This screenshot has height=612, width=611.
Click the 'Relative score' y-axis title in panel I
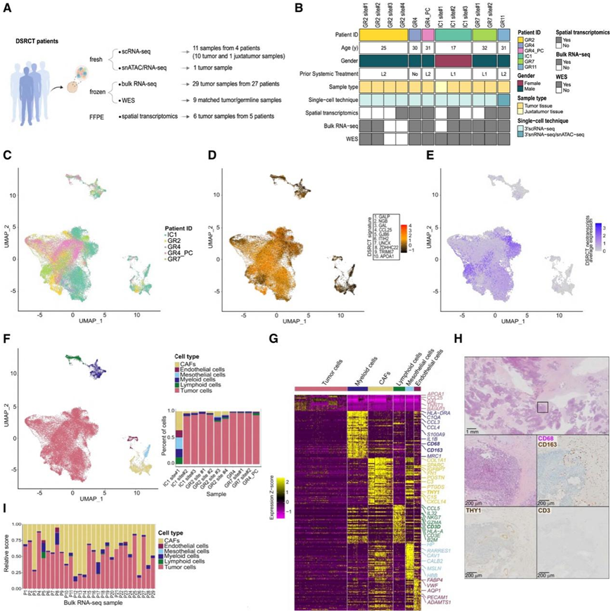8,547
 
